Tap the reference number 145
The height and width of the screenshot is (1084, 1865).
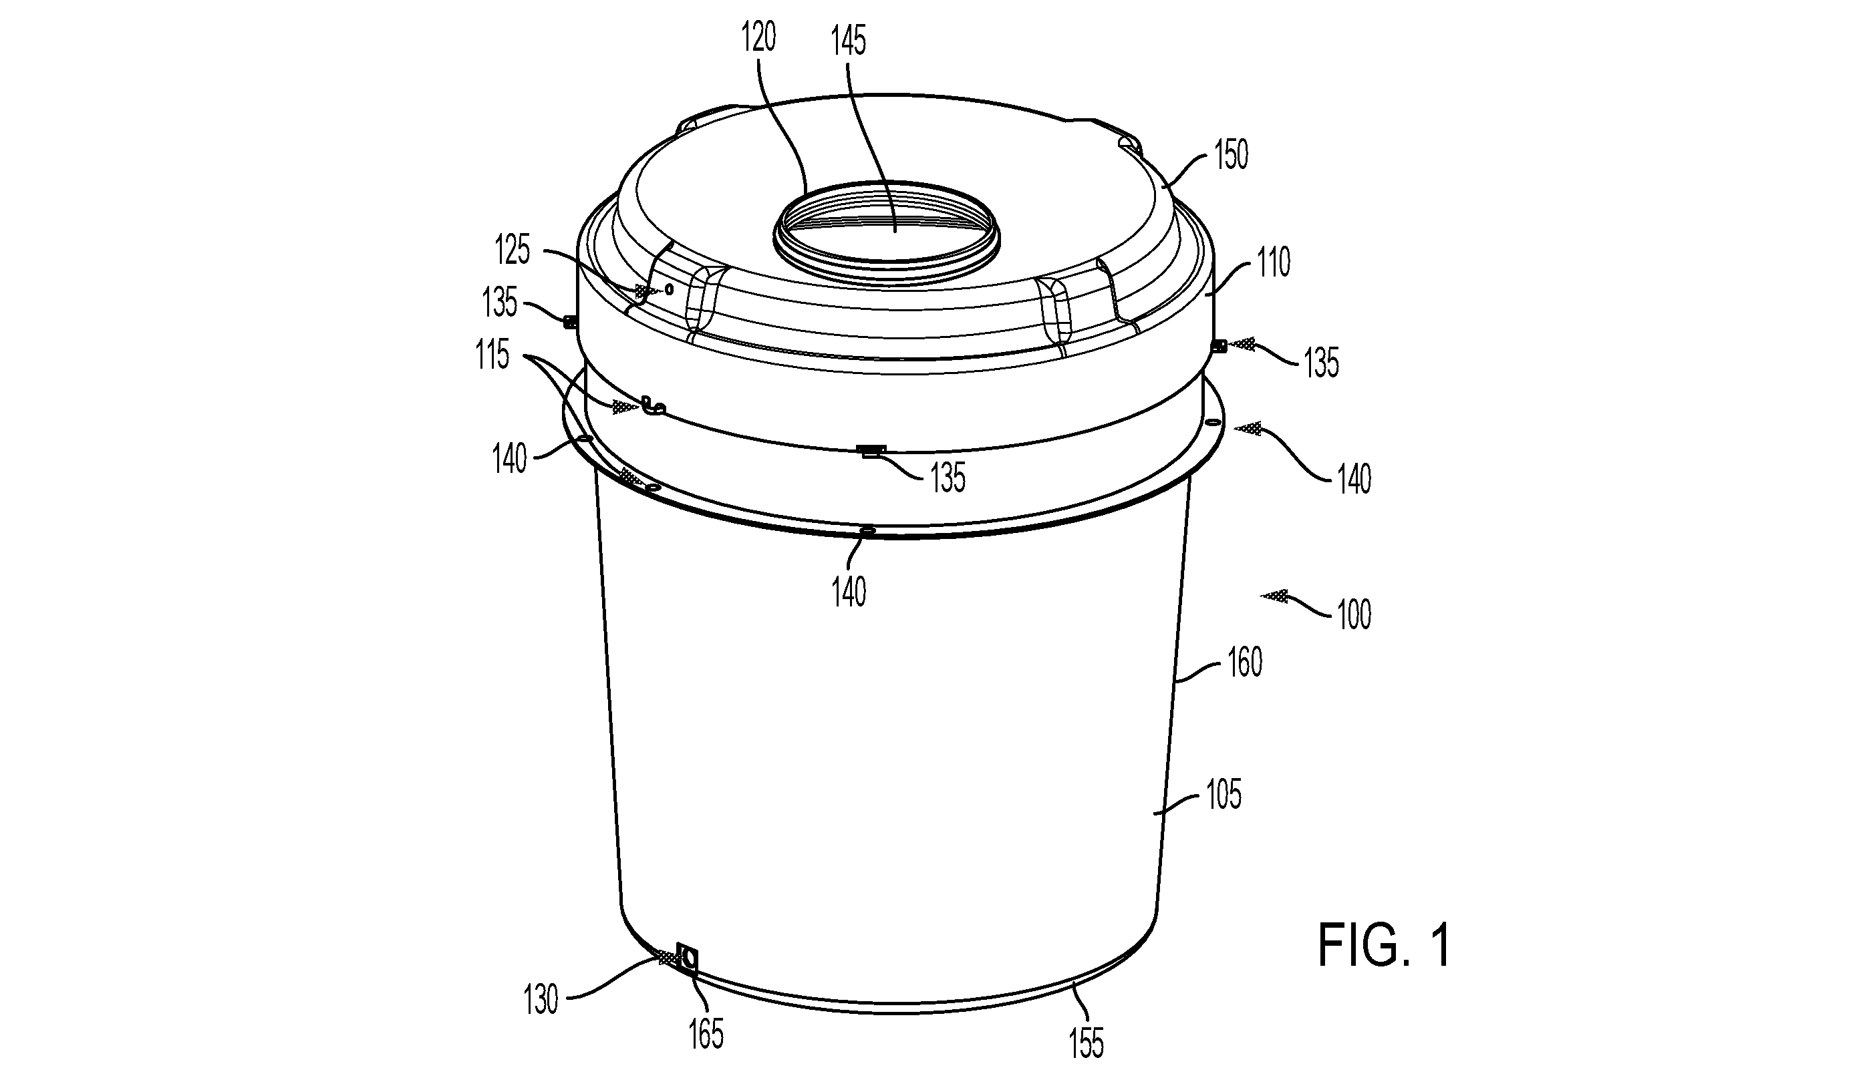pos(848,41)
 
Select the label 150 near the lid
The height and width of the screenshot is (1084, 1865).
pos(1231,156)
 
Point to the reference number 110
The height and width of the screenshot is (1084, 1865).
pos(1273,263)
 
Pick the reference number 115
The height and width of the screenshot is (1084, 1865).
pos(493,356)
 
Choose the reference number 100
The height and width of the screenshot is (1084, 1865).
pos(1354,615)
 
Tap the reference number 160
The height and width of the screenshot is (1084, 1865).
pos(1245,663)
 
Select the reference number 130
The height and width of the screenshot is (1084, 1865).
pos(541,1001)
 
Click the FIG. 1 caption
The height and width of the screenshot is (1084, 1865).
pos(1384,946)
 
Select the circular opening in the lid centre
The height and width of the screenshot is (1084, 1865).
pos(887,224)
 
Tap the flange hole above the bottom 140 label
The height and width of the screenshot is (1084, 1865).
pos(867,530)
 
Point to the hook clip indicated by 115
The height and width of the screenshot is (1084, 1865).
pos(654,405)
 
